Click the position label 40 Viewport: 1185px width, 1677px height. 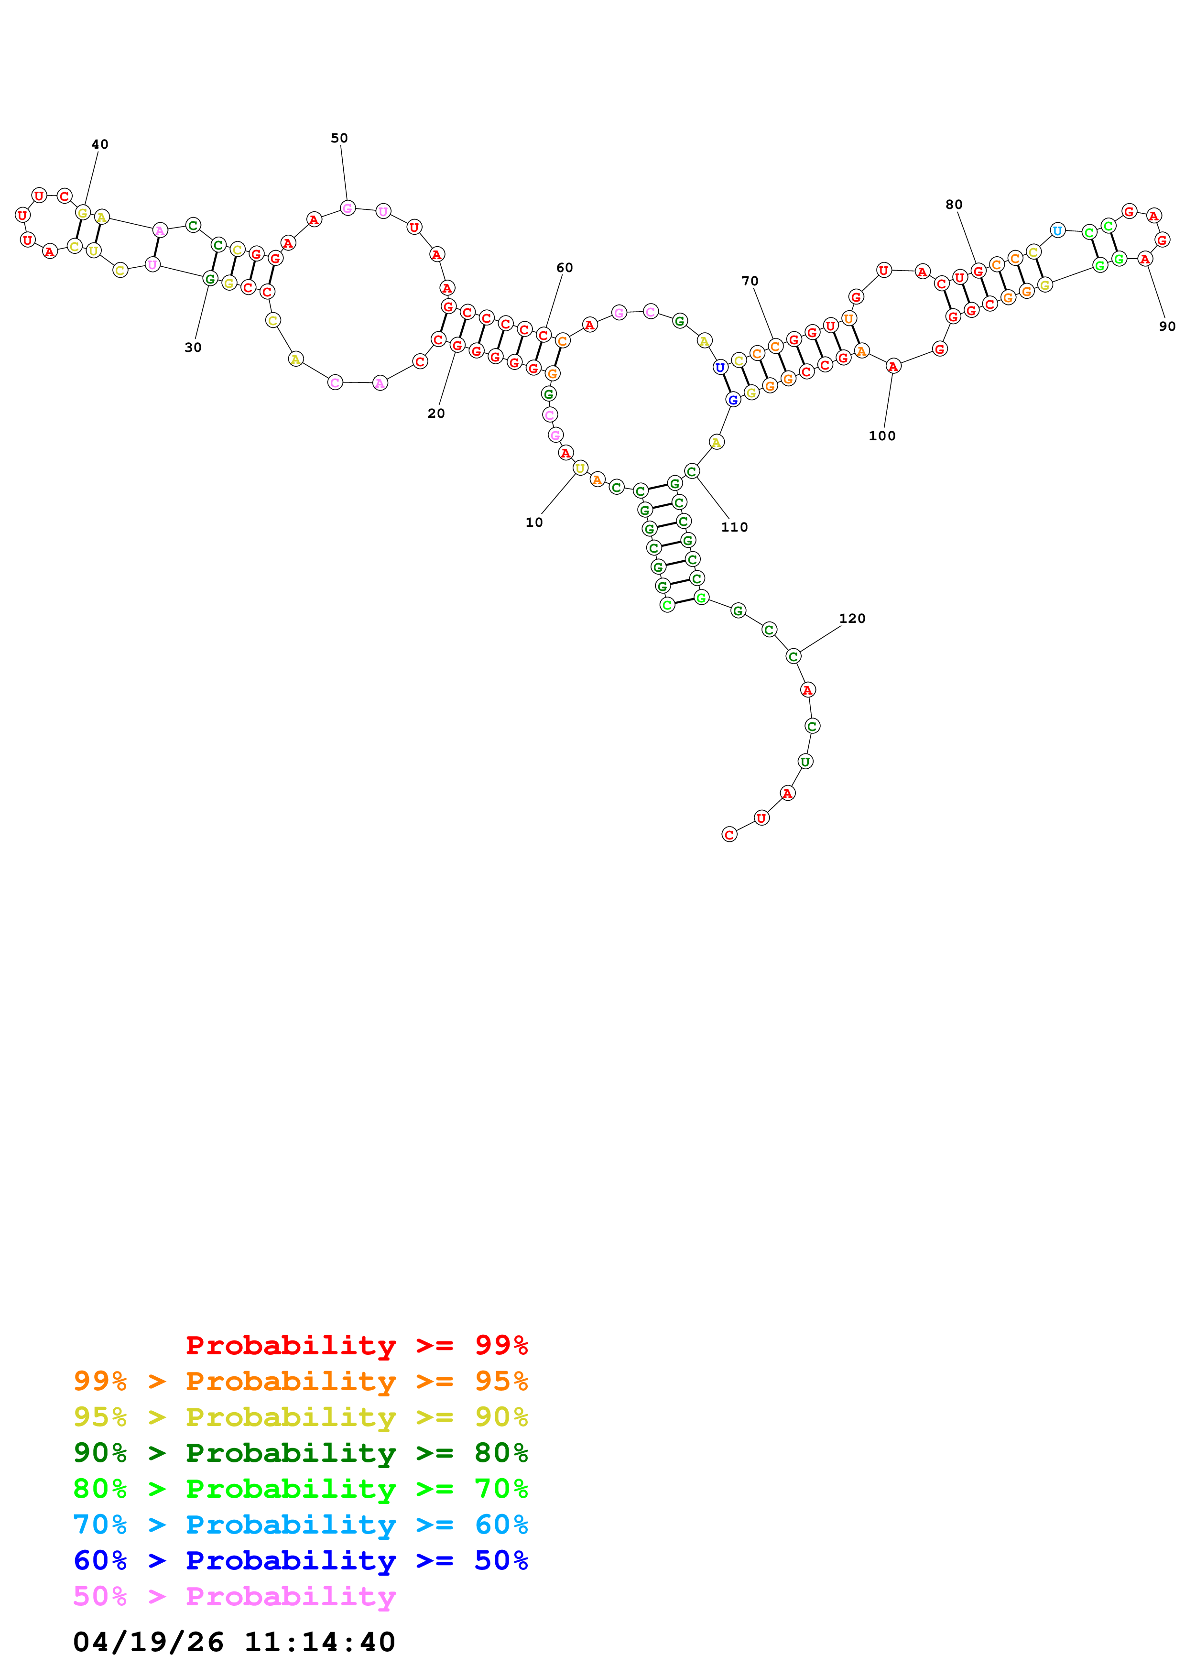point(100,145)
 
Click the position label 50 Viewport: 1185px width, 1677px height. point(339,138)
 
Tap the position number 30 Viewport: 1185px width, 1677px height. point(193,348)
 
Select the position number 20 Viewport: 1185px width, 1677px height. point(436,414)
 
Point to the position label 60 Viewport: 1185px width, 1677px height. point(565,268)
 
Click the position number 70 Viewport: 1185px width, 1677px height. point(750,281)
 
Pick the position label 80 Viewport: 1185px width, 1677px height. point(954,205)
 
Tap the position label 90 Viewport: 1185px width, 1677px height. point(1167,327)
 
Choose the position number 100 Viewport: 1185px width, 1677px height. point(881,436)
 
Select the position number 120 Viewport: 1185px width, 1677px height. point(851,619)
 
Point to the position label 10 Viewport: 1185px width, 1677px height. point(534,522)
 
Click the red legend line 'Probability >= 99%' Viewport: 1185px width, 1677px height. point(356,1345)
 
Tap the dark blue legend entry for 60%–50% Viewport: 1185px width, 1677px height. point(300,1560)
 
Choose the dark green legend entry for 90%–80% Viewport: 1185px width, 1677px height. point(300,1453)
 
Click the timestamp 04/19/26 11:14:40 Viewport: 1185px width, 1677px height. point(234,1642)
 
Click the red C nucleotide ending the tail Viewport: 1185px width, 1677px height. point(728,834)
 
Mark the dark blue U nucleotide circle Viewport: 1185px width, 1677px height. point(720,368)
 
